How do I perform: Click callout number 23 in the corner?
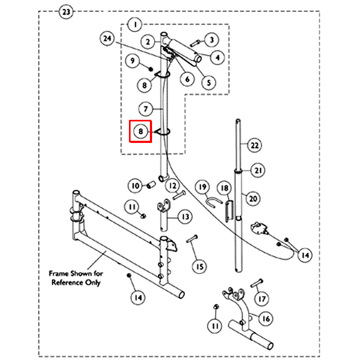[x=66, y=12]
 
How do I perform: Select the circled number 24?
[x=107, y=38]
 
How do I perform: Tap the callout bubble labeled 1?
[x=135, y=24]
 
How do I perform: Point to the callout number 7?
[x=146, y=109]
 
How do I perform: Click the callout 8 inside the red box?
[x=140, y=131]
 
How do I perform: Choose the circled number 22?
[x=254, y=145]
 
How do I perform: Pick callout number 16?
[x=266, y=319]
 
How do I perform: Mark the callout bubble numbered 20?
[x=253, y=198]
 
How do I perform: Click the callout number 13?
[x=185, y=217]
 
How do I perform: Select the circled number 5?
[x=208, y=82]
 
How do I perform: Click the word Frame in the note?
[x=59, y=273]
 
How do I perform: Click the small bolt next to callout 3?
[x=196, y=43]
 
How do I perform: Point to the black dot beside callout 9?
[x=150, y=69]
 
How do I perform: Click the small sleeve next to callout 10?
[x=151, y=185]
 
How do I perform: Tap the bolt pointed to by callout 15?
[x=192, y=239]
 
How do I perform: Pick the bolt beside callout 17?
[x=257, y=283]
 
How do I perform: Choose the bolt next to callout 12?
[x=179, y=195]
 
